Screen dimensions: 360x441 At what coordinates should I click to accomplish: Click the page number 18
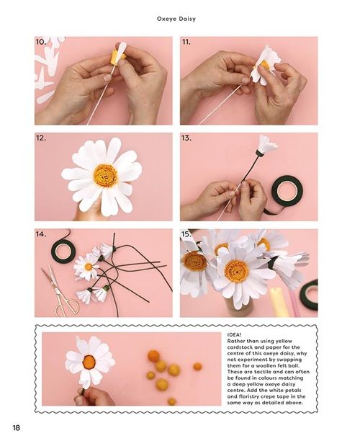[x=17, y=427]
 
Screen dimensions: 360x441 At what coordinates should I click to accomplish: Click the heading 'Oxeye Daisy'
[x=176, y=19]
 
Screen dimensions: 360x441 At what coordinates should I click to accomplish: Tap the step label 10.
[x=41, y=42]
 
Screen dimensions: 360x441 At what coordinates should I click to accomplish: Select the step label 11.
[x=186, y=42]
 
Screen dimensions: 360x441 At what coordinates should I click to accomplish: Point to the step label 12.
[x=41, y=138]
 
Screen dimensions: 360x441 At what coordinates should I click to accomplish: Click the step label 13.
[x=186, y=138]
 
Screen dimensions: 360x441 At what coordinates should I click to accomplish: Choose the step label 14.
[x=41, y=234]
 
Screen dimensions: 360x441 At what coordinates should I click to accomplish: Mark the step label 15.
[x=186, y=234]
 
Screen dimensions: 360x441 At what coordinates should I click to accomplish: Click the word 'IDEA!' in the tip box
[x=234, y=334]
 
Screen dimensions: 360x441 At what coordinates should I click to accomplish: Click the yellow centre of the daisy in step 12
[x=105, y=176]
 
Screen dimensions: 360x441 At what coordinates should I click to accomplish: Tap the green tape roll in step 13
[x=287, y=189]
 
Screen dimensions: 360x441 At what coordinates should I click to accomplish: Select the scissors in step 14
[x=61, y=291]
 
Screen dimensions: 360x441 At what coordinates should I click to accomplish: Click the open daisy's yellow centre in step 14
[x=89, y=267]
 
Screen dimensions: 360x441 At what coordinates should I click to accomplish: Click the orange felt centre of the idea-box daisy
[x=89, y=361]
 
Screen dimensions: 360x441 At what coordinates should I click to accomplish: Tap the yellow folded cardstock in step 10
[x=118, y=56]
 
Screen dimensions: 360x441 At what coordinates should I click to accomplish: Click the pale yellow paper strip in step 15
[x=279, y=301]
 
